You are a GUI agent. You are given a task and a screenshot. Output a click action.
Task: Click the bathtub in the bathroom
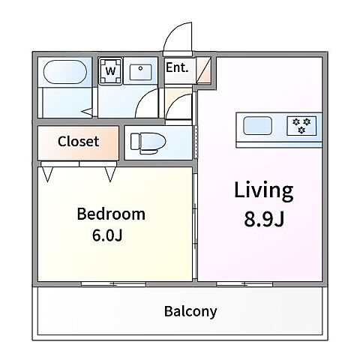(x=65, y=72)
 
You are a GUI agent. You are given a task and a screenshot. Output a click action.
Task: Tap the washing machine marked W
(x=110, y=71)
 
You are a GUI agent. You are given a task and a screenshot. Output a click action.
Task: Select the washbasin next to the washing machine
(x=140, y=72)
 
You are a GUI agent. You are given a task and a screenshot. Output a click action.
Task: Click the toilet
(x=148, y=143)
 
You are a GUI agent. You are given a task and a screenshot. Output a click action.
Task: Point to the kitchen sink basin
(x=257, y=125)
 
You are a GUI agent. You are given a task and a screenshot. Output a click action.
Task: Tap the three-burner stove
(x=301, y=126)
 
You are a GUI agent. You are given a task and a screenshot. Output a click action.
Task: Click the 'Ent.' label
(x=177, y=67)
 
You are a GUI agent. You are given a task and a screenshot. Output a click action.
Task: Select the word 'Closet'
(x=78, y=142)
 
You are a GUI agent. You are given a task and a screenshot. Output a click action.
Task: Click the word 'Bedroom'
(x=111, y=214)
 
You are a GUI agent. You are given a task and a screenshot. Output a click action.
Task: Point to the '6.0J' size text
(x=107, y=235)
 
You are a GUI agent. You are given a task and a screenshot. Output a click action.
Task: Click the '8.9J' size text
(x=264, y=219)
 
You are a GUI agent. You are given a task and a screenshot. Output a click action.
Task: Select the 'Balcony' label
(x=190, y=312)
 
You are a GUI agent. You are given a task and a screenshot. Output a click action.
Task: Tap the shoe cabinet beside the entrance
(x=203, y=70)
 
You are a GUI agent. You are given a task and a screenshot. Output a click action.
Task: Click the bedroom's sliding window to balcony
(x=114, y=284)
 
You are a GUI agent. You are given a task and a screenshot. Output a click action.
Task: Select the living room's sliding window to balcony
(x=244, y=284)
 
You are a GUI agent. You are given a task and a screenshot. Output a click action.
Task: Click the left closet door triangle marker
(x=47, y=174)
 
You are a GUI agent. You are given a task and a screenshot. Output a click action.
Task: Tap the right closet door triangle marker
(x=110, y=174)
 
